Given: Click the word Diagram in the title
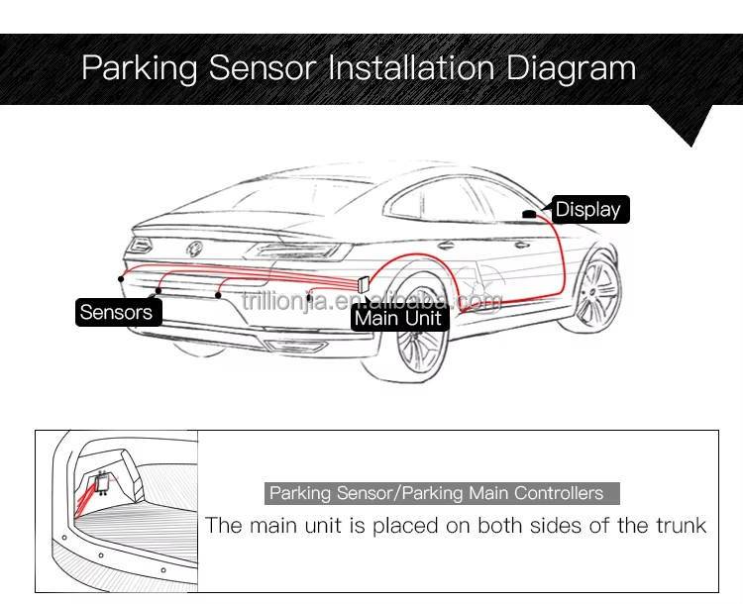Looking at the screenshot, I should tap(571, 68).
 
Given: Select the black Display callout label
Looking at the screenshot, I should tap(587, 209).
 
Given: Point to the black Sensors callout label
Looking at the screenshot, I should tap(117, 312).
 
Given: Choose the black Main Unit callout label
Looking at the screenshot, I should tap(397, 319).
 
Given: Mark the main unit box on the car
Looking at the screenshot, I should tap(363, 283).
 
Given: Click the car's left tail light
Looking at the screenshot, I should tap(143, 243).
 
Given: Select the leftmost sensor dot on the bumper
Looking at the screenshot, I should tap(121, 280).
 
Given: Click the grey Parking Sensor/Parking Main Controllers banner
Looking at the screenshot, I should tap(443, 493).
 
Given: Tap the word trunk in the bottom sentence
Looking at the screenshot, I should tap(680, 525).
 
